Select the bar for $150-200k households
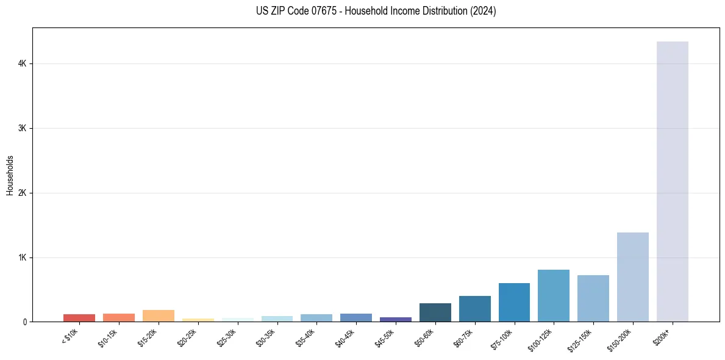click(x=632, y=277)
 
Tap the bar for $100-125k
click(x=554, y=296)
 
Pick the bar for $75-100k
click(x=514, y=303)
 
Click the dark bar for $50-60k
click(x=435, y=312)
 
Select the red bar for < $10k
click(x=79, y=318)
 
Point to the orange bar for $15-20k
click(x=158, y=316)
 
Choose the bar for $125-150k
click(x=593, y=298)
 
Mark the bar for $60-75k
click(x=474, y=309)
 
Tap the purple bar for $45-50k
click(x=395, y=319)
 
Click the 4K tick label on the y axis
click(x=23, y=63)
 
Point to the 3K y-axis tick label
click(x=23, y=128)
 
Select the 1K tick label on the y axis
click(x=23, y=257)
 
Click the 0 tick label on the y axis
click(x=25, y=322)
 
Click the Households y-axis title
click(x=10, y=175)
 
